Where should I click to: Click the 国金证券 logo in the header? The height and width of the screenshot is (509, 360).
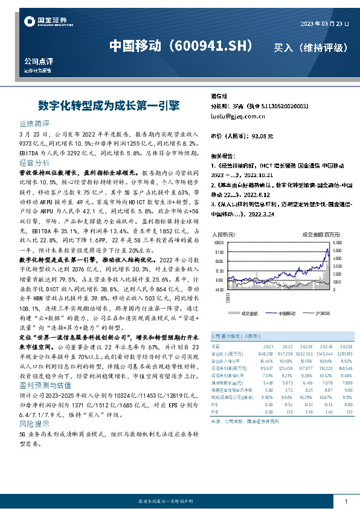click(x=45, y=22)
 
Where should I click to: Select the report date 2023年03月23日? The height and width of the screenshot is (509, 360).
click(x=325, y=24)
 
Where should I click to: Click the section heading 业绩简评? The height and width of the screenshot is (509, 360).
click(x=34, y=122)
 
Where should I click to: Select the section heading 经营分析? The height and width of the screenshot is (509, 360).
click(x=34, y=163)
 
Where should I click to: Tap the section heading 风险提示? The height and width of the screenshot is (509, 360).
click(x=34, y=426)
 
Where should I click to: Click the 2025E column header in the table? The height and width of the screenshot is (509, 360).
click(x=345, y=346)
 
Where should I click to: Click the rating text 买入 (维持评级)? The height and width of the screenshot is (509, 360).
click(x=310, y=47)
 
